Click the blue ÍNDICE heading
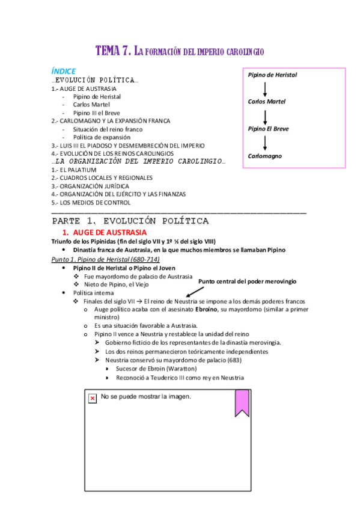(x=63, y=71)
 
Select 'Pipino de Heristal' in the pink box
(x=272, y=75)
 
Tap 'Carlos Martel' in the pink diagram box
(x=267, y=102)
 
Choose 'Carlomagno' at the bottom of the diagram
(x=265, y=156)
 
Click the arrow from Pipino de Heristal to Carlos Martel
(x=264, y=88)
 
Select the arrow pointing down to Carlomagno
(x=264, y=143)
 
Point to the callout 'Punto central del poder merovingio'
(x=247, y=281)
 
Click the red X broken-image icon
(x=93, y=399)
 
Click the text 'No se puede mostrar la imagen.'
(x=146, y=398)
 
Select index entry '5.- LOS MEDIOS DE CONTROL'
(x=91, y=203)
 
